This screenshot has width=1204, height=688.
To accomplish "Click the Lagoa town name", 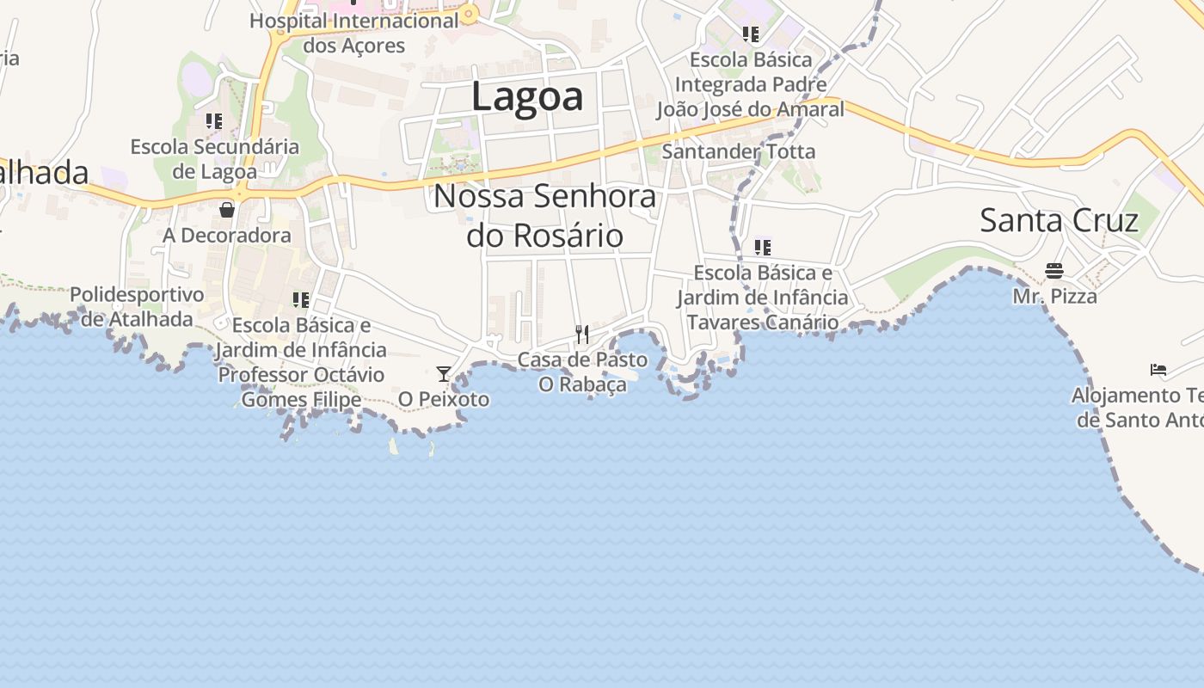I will click(x=527, y=96).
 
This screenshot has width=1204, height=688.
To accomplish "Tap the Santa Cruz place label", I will click(x=1059, y=220).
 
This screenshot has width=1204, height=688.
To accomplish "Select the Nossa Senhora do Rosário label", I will click(x=544, y=215).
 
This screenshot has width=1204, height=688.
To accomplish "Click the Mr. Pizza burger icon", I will click(x=1054, y=271).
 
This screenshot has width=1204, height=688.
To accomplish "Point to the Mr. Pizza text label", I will click(x=1054, y=297).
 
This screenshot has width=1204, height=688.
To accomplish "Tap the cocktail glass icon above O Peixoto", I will click(x=444, y=373).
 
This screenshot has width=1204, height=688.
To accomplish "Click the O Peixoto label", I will click(x=444, y=400).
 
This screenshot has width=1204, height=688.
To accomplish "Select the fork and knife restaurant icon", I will click(x=582, y=334).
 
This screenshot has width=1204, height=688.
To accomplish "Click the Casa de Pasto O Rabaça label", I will click(x=583, y=372).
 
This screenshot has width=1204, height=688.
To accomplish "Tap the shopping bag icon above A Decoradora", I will click(x=227, y=209).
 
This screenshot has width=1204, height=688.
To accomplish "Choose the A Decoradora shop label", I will click(x=227, y=236).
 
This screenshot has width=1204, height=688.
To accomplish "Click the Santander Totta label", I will click(x=738, y=152).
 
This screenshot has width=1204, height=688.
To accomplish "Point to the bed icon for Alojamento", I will click(x=1158, y=370).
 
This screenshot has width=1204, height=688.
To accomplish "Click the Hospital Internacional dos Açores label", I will click(x=354, y=33).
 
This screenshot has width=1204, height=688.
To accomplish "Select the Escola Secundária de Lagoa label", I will click(x=215, y=159).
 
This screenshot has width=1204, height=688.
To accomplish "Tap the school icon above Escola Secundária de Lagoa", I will click(x=214, y=121).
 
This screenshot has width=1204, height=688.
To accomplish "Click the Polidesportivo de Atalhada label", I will click(x=138, y=307).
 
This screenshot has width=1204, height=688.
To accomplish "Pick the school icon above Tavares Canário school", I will click(x=762, y=248).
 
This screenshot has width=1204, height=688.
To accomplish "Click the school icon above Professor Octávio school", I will click(x=301, y=299).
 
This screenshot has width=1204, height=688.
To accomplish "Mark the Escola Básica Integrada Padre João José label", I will click(x=750, y=84).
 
